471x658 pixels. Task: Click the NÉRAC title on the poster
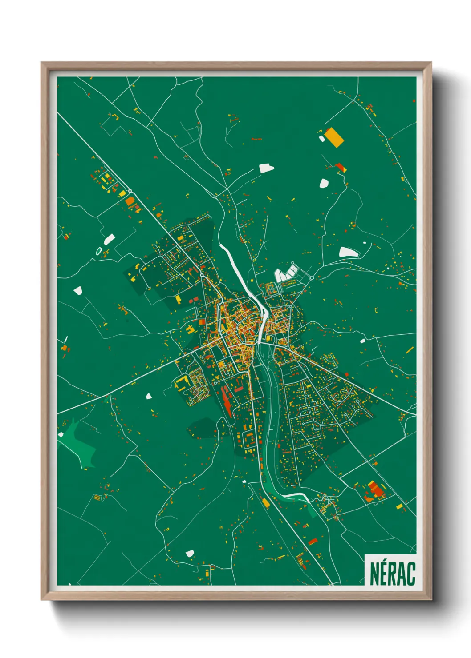pos(392,574)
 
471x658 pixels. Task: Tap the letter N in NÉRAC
pos(375,574)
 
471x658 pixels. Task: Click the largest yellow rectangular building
pos(334,137)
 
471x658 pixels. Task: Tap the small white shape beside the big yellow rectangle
pos(321,139)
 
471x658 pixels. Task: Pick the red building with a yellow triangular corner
pos(341,168)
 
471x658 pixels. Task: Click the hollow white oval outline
pos(98,251)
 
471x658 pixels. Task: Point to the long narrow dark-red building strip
pos(227,402)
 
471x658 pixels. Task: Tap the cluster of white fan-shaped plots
pos(285,273)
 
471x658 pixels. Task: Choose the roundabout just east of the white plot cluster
pos(312,278)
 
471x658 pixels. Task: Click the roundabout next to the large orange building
pos(130,191)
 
